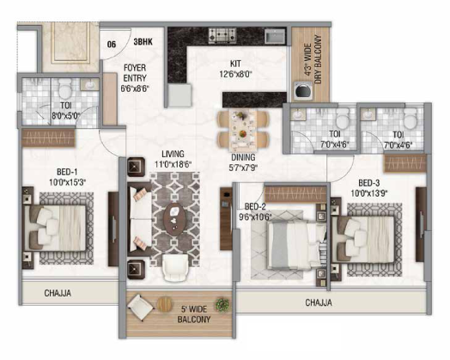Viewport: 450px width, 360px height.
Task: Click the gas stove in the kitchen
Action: tap(222, 35)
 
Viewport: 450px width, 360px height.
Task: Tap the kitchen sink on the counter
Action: tap(275, 36)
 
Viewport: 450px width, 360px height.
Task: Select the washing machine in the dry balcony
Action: tap(303, 90)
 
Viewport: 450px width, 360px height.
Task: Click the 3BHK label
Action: tap(143, 42)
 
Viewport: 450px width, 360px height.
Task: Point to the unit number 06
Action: tap(112, 44)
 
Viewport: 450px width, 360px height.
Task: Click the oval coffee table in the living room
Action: tap(175, 219)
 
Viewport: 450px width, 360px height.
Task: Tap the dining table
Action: tap(243, 130)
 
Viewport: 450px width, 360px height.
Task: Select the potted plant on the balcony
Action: tap(222, 304)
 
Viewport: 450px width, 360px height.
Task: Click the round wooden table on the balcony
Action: tap(165, 303)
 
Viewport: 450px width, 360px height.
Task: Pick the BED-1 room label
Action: tap(67, 172)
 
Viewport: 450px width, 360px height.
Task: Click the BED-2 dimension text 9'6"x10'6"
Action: tap(255, 217)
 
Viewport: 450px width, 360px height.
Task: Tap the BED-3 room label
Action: tap(368, 183)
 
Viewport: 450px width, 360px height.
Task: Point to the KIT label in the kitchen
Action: tap(235, 64)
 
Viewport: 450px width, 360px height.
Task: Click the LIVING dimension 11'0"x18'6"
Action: tap(173, 164)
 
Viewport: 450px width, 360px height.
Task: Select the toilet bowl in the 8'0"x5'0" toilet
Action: tap(65, 88)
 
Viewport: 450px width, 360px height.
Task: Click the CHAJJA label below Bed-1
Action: tap(58, 293)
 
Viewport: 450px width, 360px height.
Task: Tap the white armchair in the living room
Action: tap(175, 267)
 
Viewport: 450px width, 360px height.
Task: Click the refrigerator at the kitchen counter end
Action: tap(179, 95)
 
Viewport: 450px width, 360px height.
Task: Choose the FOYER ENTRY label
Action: tap(135, 73)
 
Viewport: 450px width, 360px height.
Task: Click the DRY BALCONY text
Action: tap(318, 59)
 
